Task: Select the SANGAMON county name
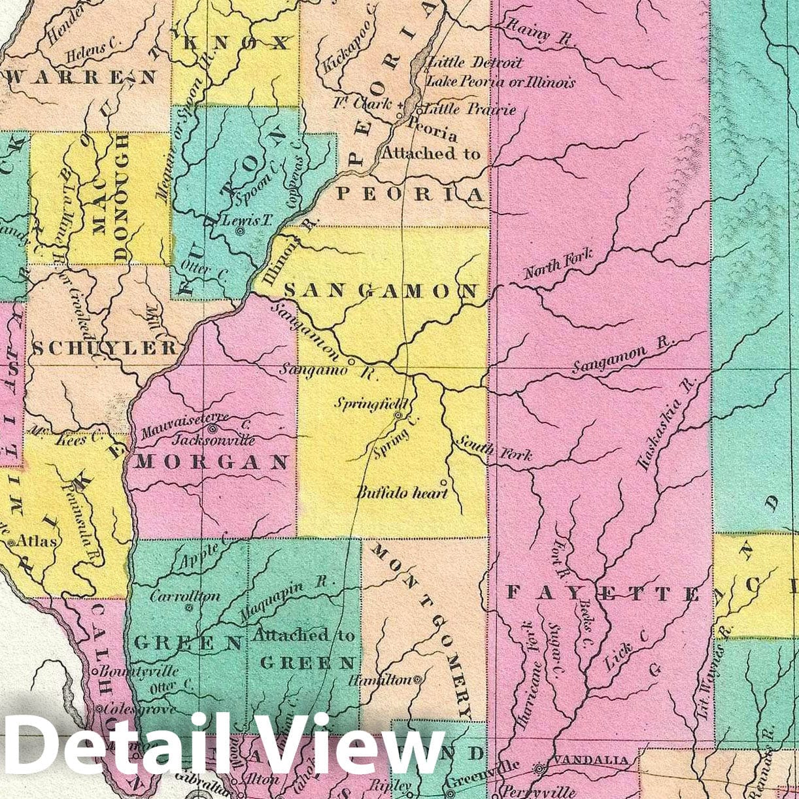click(x=382, y=291)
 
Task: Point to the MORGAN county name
click(x=212, y=462)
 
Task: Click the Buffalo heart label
click(x=402, y=492)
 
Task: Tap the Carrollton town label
click(x=185, y=596)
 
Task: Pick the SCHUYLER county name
click(x=105, y=348)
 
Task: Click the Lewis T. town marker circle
click(x=241, y=231)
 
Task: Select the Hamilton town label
click(x=380, y=681)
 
